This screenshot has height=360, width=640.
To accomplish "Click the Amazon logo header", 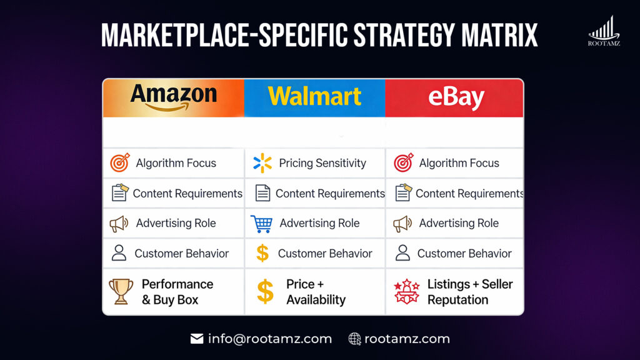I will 173,97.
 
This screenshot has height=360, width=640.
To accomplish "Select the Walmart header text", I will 314,96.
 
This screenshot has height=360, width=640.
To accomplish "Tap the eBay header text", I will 456,98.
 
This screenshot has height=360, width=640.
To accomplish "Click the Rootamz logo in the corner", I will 604,31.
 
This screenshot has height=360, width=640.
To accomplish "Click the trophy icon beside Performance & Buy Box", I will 121,292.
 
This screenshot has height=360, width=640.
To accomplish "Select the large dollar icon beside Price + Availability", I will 265,292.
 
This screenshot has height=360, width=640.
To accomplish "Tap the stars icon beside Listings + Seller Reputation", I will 406,292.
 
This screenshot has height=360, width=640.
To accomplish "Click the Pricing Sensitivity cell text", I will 322,163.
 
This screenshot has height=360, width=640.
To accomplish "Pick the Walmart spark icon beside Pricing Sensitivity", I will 262,163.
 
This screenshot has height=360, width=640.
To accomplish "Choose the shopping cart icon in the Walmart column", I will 261,224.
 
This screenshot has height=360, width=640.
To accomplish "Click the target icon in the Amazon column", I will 120,163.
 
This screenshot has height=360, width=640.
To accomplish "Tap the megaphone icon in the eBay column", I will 402,224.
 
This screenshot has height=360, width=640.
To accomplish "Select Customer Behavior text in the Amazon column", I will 182,253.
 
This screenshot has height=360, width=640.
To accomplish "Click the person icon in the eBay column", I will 403,253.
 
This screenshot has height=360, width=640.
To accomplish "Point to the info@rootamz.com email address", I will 270,339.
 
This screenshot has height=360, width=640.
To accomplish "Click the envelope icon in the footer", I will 197,339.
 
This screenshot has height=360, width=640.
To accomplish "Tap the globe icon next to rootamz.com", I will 354,339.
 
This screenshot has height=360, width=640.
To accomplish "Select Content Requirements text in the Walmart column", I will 330,194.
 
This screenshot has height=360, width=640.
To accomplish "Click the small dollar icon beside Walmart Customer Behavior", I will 262,253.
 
